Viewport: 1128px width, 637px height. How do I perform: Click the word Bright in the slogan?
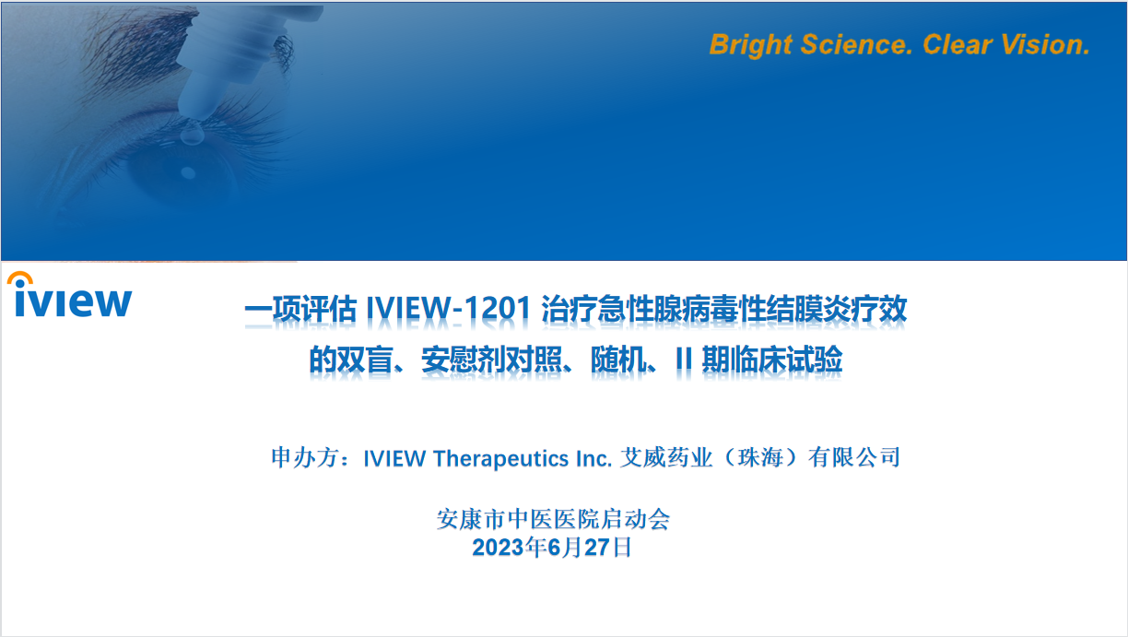point(751,45)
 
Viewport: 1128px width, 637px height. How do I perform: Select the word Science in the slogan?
point(856,44)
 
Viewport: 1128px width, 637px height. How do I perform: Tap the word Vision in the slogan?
point(1045,44)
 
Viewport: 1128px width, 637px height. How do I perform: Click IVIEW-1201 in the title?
point(448,308)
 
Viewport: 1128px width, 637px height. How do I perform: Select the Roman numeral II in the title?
point(684,359)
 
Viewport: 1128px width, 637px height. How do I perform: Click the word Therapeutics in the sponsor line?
point(501,458)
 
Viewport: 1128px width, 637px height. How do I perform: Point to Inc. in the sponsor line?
point(594,458)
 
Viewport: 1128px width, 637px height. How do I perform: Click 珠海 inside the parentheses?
point(760,458)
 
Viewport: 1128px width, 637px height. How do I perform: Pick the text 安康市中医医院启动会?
point(553,519)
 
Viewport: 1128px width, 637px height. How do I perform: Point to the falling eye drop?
point(192,134)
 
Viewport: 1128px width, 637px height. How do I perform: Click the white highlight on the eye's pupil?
point(188,173)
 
